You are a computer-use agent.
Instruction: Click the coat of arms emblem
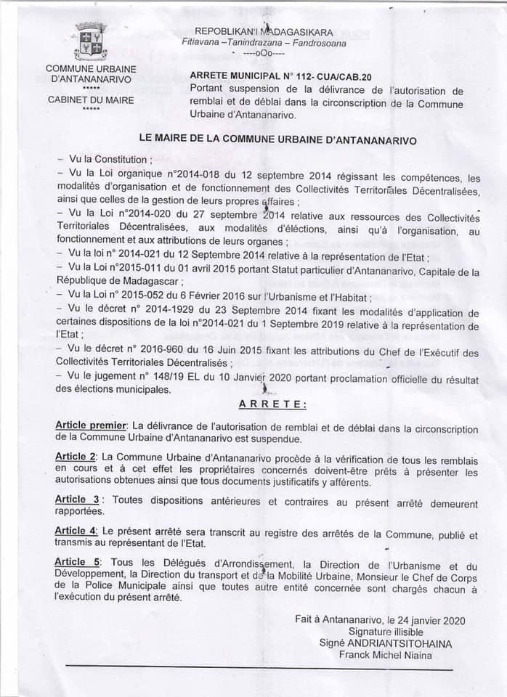pos(92,41)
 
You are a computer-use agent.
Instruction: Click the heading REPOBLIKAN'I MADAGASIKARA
pos(264,33)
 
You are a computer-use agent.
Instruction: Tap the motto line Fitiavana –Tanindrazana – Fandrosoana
pos(264,43)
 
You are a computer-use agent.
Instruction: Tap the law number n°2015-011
pos(157,272)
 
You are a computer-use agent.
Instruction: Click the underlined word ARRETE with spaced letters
pos(272,404)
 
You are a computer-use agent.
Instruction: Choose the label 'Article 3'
pos(76,499)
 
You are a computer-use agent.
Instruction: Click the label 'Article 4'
pos(76,531)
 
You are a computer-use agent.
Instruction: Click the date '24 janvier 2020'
pos(427,621)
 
